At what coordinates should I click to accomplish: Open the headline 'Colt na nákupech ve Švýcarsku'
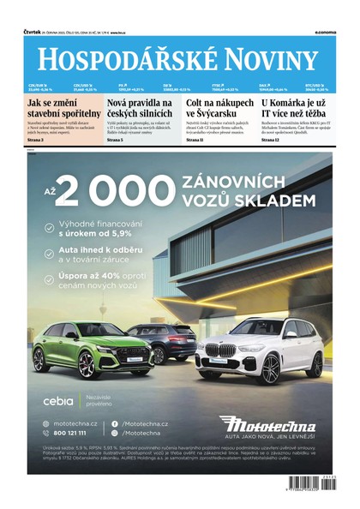(220, 110)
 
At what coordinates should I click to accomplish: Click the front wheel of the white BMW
(271, 368)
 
